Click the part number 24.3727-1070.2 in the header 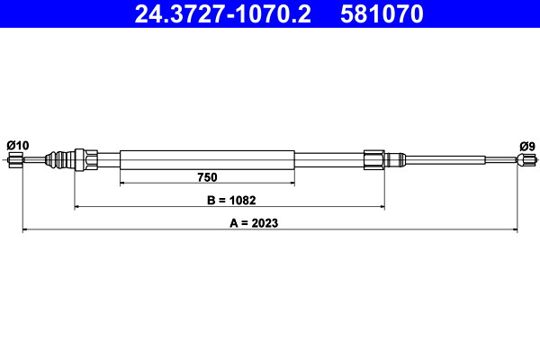point(223,13)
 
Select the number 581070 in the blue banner point(382,13)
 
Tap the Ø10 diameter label point(18,146)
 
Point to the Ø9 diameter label point(527,147)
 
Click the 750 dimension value point(207,177)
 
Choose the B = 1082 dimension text point(231,200)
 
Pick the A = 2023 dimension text point(254,223)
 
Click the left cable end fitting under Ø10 point(15,160)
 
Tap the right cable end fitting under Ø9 point(526,160)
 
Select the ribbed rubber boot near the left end point(59,160)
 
